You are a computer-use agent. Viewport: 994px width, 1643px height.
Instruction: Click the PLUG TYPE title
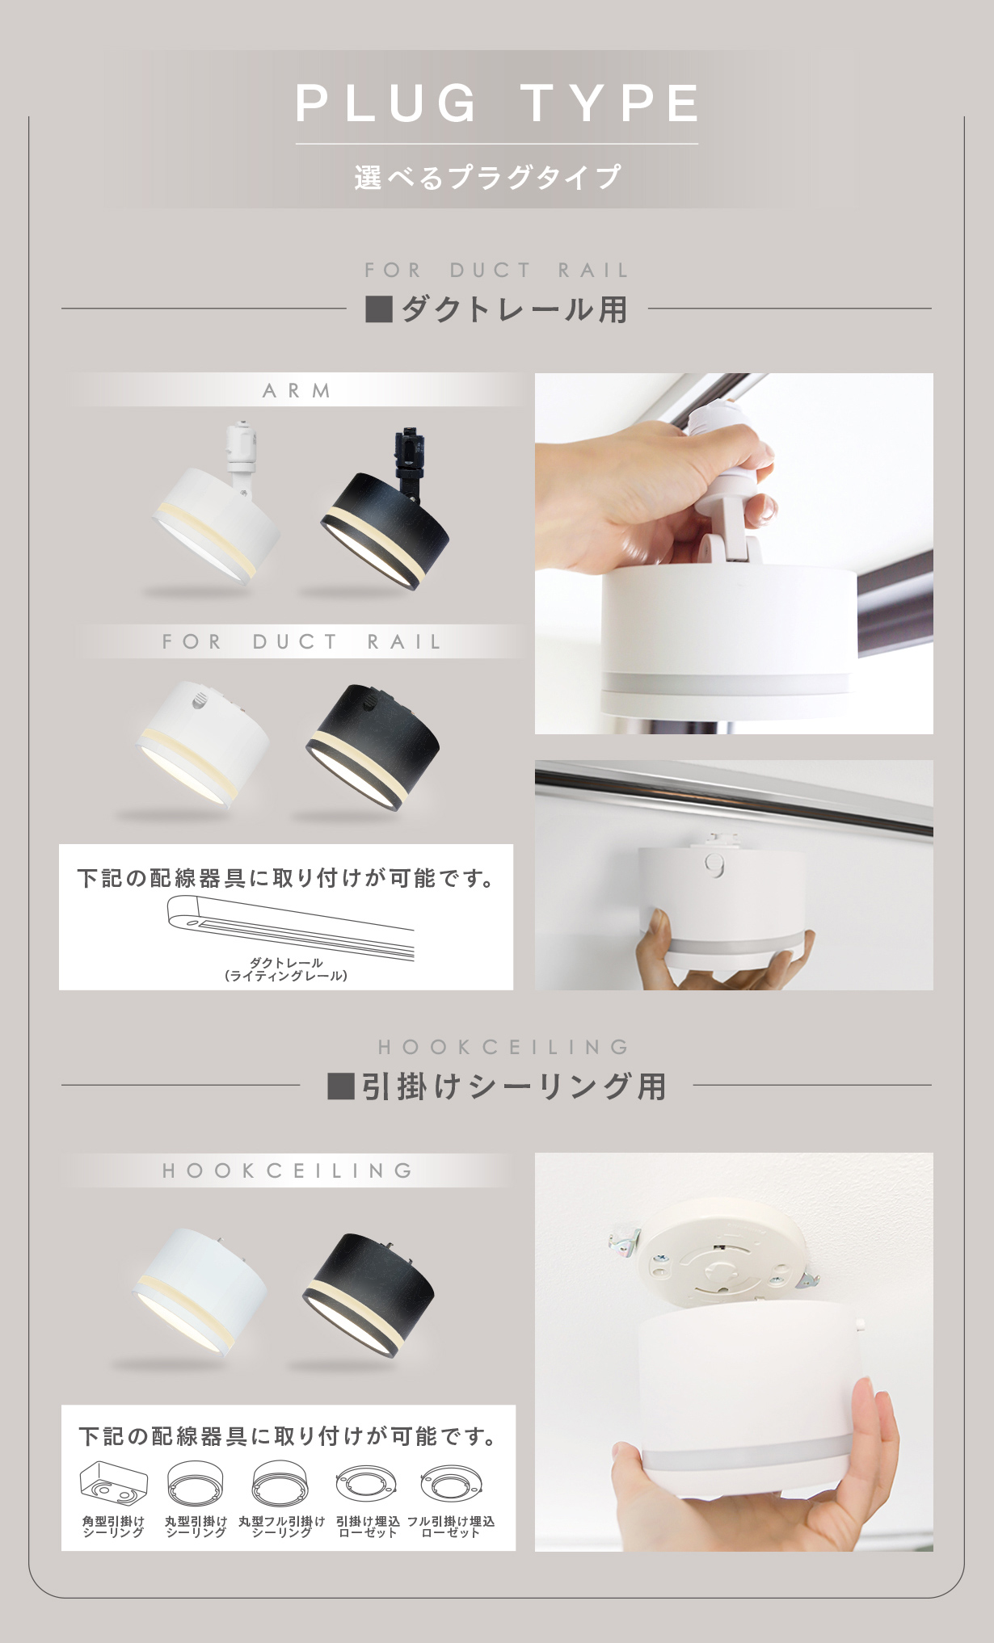[497, 103]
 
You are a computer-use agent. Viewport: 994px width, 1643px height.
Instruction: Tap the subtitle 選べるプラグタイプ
[488, 177]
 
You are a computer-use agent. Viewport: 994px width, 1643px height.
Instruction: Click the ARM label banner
[297, 390]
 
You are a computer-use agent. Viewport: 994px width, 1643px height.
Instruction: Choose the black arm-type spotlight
[385, 512]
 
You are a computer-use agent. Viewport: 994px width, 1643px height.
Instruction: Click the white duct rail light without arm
[203, 742]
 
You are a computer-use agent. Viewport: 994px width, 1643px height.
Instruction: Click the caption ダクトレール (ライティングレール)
[286, 969]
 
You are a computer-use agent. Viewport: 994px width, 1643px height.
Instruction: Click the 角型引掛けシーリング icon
[114, 1484]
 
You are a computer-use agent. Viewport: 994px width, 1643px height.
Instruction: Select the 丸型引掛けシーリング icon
[196, 1485]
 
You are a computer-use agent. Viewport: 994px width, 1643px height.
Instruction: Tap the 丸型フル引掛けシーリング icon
[280, 1485]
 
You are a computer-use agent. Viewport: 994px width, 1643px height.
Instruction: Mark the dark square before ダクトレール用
[379, 309]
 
